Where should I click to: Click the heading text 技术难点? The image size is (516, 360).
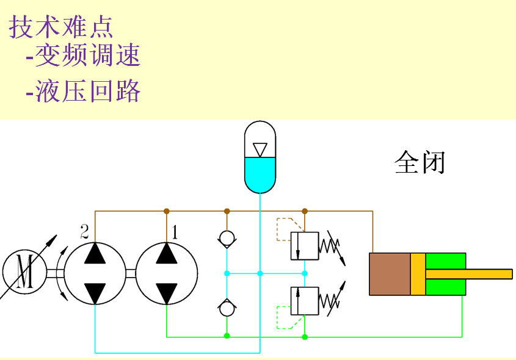tap(61, 27)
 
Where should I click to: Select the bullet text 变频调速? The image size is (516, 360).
tap(87, 56)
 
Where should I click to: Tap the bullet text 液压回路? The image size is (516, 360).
tap(87, 91)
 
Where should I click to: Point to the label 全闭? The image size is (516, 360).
tap(420, 163)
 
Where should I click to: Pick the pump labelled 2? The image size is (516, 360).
tap(95, 273)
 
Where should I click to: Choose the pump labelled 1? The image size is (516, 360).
tap(167, 273)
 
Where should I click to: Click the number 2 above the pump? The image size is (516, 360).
tap(85, 231)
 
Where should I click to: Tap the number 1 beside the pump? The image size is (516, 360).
tap(175, 232)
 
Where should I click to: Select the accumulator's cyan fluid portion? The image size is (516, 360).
tap(260, 174)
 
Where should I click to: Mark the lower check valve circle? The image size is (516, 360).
tap(227, 308)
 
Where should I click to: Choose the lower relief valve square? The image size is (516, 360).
tap(305, 300)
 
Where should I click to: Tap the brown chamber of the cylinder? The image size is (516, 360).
tap(390, 274)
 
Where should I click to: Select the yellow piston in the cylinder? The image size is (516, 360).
tap(418, 274)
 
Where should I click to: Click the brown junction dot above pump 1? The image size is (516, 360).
tap(167, 211)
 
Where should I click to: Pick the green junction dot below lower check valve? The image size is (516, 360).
tap(227, 336)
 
